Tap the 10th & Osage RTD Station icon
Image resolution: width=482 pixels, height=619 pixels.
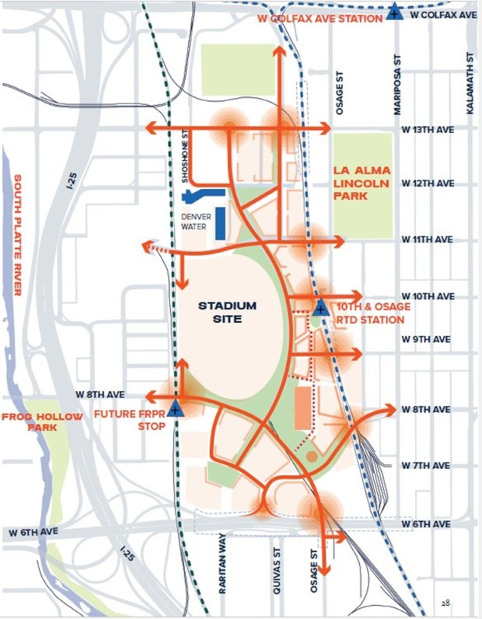tap(320, 307)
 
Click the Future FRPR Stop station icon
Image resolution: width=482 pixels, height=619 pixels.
tap(175, 406)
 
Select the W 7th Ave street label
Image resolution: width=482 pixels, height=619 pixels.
tap(426, 465)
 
